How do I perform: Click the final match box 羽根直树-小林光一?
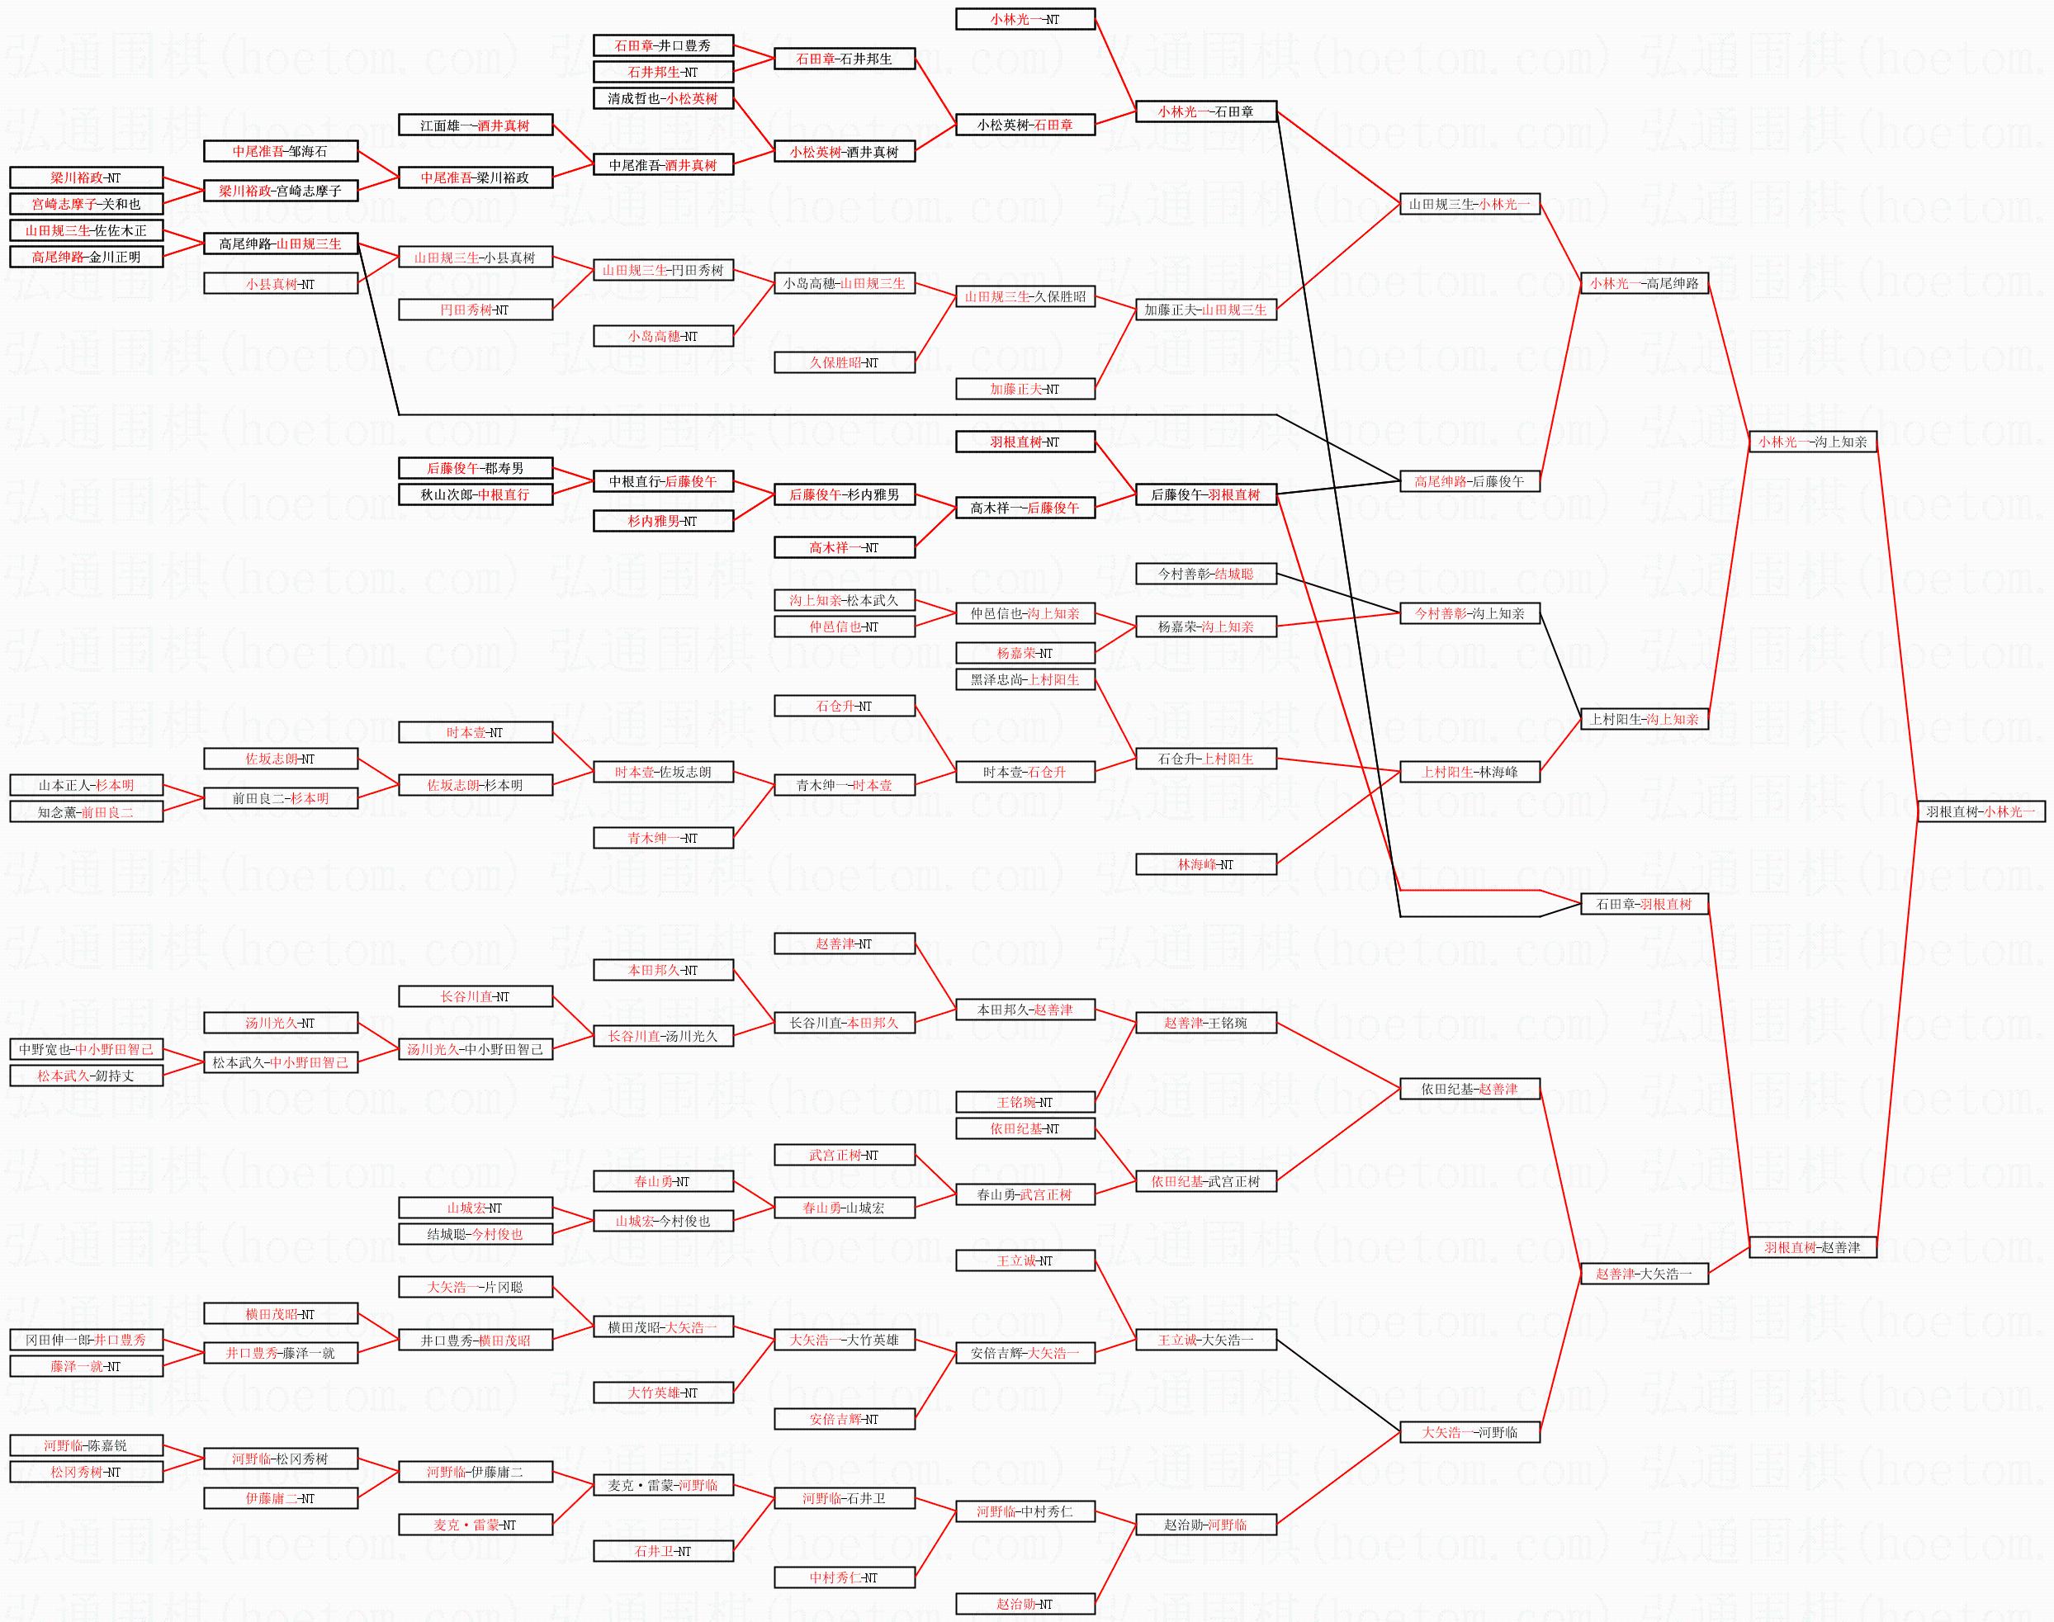1980,812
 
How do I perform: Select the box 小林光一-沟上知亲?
1812,442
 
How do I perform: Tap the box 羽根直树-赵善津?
1812,1248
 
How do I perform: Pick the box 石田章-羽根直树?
1644,904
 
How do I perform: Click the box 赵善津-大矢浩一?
1644,1274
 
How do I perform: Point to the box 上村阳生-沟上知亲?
1644,719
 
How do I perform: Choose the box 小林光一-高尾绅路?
1644,283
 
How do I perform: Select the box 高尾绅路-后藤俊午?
1469,481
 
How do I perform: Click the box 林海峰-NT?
1206,864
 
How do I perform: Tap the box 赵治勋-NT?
1025,1604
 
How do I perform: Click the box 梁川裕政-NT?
87,177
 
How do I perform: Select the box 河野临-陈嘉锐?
87,1445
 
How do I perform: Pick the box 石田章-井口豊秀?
663,45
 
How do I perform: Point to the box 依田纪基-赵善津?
1469,1090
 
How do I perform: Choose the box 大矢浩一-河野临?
1469,1432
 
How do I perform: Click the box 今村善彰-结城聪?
1206,574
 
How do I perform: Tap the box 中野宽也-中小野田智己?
87,1049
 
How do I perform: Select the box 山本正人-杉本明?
87,785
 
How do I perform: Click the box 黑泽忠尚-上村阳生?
1025,679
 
